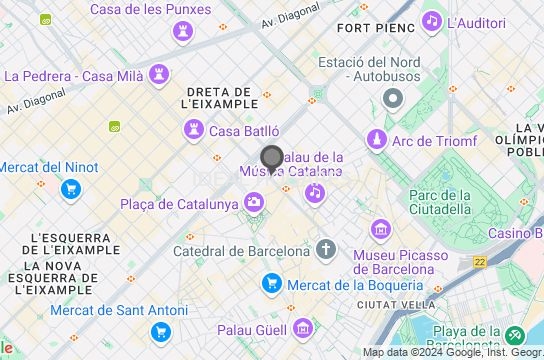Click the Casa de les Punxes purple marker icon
(182, 33)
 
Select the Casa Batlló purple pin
(193, 130)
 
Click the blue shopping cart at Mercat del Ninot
(70, 188)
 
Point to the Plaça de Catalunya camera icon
(255, 204)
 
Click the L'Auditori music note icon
(432, 21)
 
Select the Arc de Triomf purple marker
(376, 141)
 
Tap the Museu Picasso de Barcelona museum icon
(381, 231)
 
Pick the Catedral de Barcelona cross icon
(326, 250)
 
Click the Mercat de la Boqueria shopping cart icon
(271, 284)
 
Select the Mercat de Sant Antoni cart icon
(160, 332)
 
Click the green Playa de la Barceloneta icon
(515, 335)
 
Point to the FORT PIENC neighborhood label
(376, 28)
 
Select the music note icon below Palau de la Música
(315, 192)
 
